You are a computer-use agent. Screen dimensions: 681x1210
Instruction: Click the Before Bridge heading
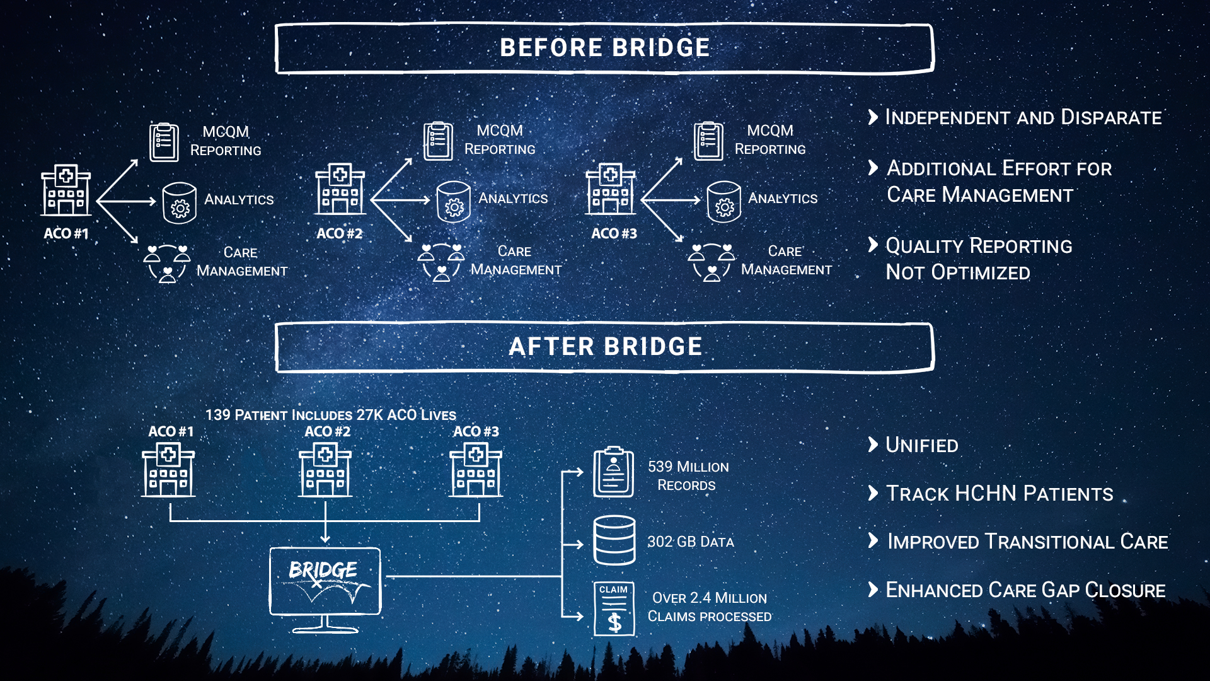coord(604,48)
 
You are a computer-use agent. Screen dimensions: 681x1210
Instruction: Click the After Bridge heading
coord(604,347)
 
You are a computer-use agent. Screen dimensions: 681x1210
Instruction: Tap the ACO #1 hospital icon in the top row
coord(66,190)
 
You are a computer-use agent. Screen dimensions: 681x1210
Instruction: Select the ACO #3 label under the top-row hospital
coord(614,233)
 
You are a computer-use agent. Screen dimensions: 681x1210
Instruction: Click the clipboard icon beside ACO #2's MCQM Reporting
coord(438,141)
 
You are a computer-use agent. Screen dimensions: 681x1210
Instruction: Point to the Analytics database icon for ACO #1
coord(180,203)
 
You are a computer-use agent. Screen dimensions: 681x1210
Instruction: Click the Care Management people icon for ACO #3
coord(712,262)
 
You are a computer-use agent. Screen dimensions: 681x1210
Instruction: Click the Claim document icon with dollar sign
coord(614,608)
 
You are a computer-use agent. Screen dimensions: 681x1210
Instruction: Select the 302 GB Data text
coord(690,542)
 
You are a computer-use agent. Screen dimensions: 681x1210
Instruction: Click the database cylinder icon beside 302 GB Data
coord(614,540)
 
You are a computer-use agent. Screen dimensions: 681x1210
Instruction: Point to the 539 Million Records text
coord(688,475)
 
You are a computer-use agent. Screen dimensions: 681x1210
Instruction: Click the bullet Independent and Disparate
coord(1023,117)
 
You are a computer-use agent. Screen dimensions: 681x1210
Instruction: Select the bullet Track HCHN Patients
coord(999,493)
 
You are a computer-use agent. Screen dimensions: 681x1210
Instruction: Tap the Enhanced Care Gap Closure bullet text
coord(1025,590)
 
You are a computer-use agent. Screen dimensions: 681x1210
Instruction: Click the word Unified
coord(921,445)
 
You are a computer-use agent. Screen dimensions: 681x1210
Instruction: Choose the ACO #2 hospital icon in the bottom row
coord(325,470)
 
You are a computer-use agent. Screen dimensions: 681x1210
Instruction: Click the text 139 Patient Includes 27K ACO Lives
coord(330,415)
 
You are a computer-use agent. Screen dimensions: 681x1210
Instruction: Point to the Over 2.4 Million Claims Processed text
coord(709,607)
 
